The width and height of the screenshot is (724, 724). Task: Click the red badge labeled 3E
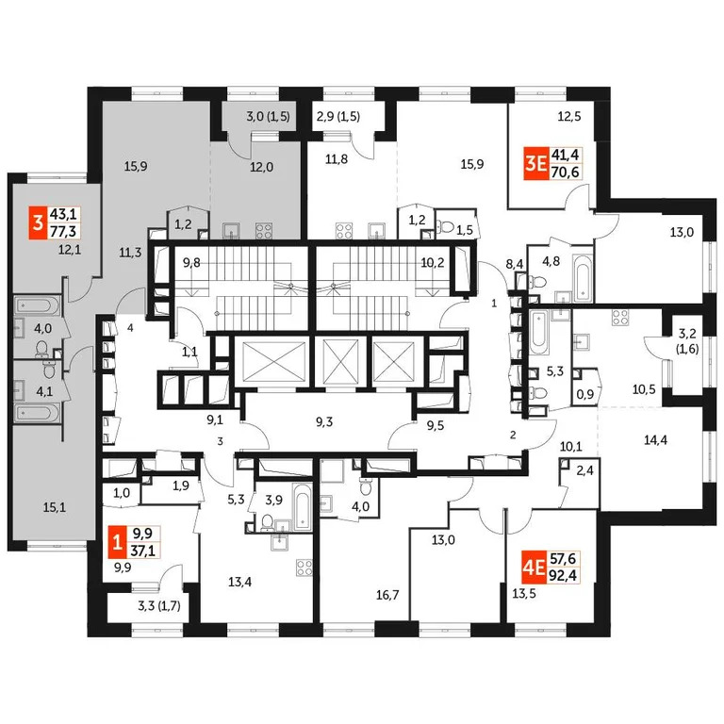point(537,166)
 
